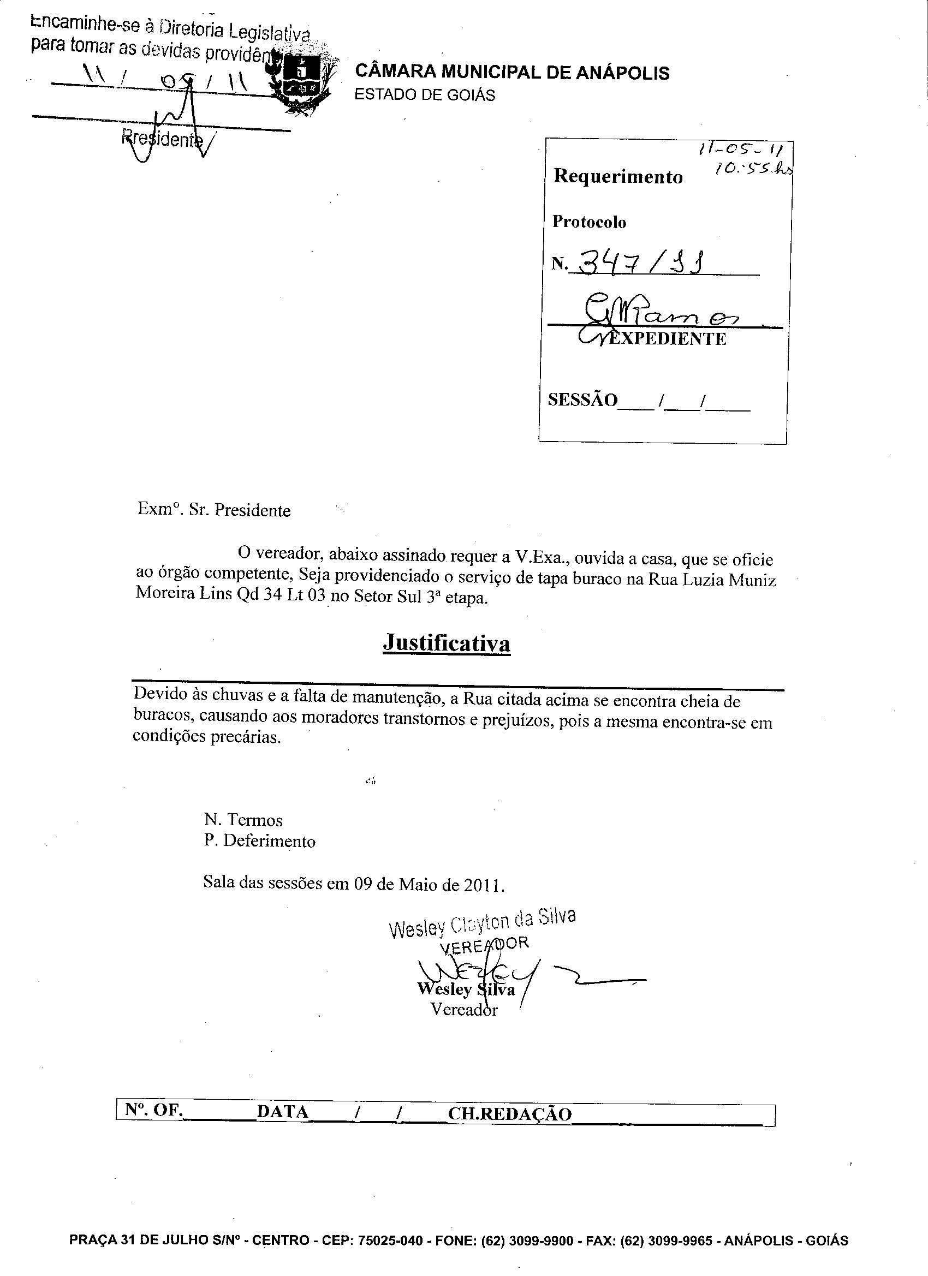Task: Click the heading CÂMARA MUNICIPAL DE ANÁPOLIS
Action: click(x=512, y=73)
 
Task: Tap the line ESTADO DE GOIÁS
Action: click(x=425, y=95)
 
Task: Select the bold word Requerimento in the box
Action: click(x=618, y=176)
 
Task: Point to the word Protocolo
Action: click(x=589, y=222)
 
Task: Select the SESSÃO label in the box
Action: click(x=582, y=400)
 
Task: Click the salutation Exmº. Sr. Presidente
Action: click(x=215, y=510)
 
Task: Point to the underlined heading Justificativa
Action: click(x=447, y=643)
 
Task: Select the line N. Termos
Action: click(x=243, y=820)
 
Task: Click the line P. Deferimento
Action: click(x=259, y=841)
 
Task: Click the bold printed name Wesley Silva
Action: click(x=466, y=989)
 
